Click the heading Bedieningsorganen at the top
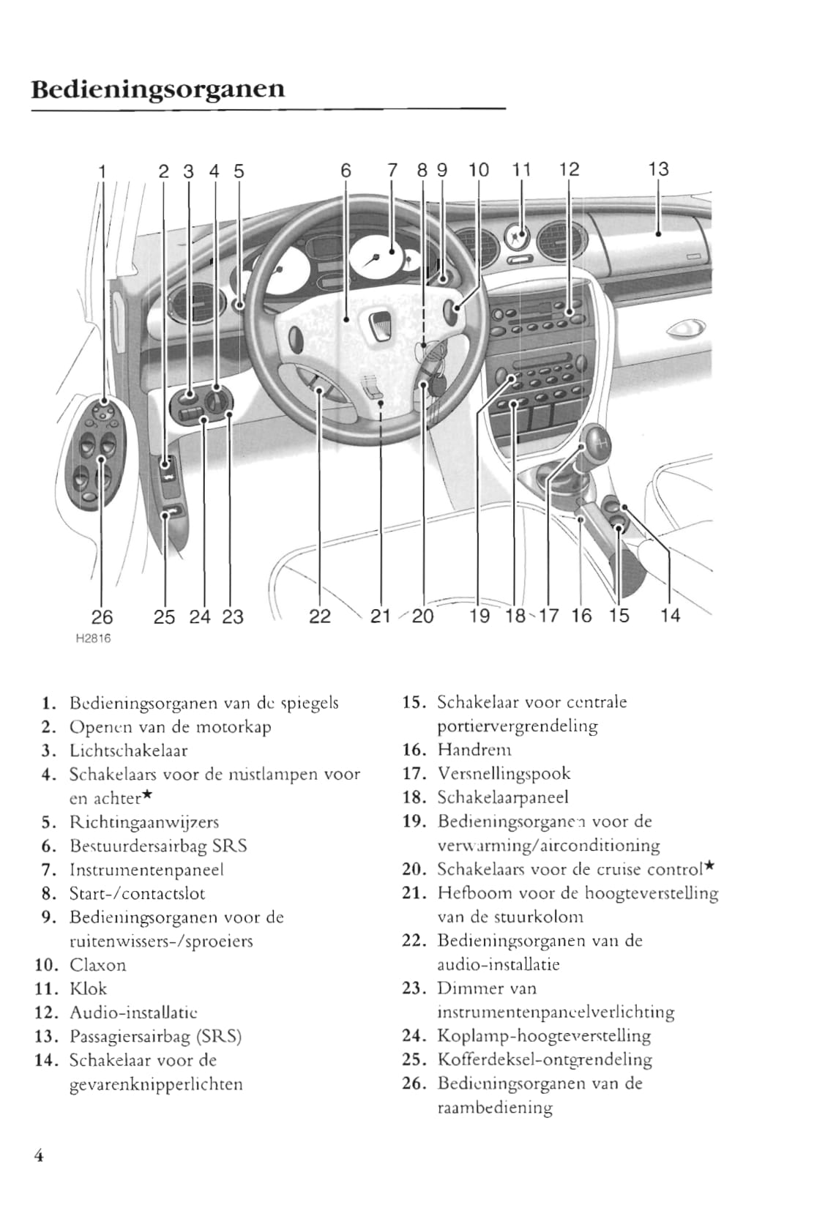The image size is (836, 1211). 158,89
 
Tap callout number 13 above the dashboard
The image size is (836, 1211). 658,169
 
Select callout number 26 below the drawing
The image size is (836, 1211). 102,616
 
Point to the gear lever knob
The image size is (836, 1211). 596,444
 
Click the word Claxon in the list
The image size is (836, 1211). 97,965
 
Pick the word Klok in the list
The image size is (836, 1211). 88,988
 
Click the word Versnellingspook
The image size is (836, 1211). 504,773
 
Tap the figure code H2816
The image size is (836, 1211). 93,638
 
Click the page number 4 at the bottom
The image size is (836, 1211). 38,1155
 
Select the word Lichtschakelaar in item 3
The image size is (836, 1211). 128,750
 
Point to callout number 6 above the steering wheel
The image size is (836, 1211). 346,171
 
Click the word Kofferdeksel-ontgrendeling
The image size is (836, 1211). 545,1059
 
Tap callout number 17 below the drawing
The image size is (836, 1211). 549,616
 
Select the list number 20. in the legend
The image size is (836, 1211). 414,869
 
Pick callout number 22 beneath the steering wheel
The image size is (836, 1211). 320,616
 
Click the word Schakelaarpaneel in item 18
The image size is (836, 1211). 502,797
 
